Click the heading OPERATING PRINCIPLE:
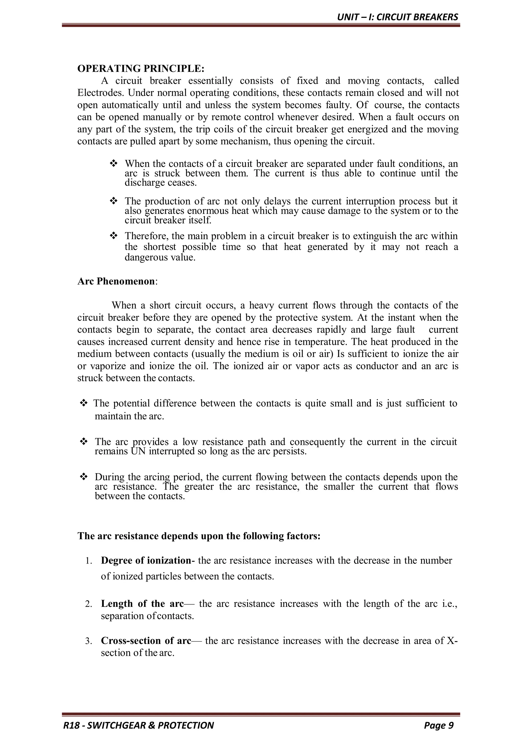(141, 69)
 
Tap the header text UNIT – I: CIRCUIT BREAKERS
(397, 17)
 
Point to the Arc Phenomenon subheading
(116, 281)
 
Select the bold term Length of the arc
(142, 603)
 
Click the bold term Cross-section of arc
(146, 640)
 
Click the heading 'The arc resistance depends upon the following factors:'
(199, 536)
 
